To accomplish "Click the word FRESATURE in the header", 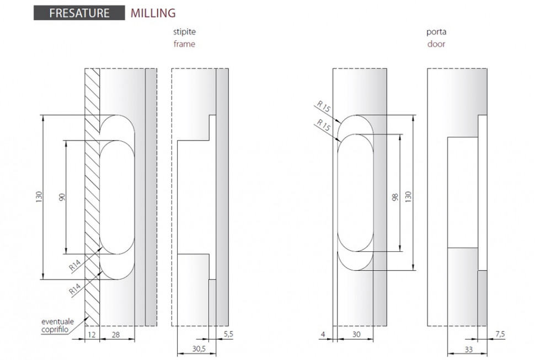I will coord(79,13).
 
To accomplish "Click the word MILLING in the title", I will coord(153,13).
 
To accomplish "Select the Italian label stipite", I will coord(184,33).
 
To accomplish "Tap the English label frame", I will coord(184,44).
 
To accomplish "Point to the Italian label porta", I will coord(436,33).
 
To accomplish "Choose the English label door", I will coord(436,44).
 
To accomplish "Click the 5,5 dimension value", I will coord(228,334).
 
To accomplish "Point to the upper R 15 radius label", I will coord(323,108).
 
